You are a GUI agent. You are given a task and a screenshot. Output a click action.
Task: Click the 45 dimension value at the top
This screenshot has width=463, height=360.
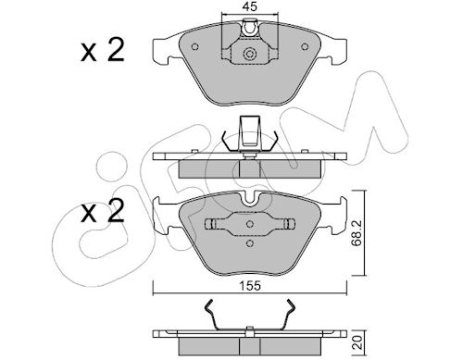click(249, 6)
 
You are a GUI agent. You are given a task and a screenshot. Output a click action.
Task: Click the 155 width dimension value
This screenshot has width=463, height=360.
click(250, 286)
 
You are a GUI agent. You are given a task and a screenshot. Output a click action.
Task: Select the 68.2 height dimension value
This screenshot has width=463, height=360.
click(357, 232)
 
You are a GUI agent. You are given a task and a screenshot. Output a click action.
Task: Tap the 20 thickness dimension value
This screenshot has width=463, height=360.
click(357, 342)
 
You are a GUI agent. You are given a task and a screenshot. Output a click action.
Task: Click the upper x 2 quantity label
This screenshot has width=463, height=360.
click(103, 50)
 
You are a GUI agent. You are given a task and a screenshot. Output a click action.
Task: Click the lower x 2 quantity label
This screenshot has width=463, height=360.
click(103, 211)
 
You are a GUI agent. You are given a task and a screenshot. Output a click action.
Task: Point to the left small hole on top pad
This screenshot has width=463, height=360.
click(194, 46)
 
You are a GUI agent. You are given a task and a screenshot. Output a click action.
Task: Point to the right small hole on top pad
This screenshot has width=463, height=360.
click(305, 46)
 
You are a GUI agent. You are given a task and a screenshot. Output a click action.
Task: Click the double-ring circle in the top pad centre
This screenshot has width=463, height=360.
click(250, 54)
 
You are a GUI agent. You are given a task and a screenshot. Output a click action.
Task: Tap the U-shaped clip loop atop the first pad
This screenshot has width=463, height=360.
click(249, 28)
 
